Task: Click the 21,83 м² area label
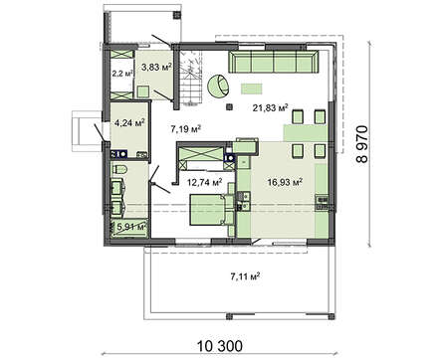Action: (270, 107)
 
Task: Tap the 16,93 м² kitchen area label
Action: (285, 182)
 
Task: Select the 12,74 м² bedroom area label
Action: (205, 182)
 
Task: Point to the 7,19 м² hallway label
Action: (186, 129)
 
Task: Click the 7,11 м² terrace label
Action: (245, 276)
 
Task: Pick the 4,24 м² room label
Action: (129, 123)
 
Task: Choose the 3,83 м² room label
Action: (156, 68)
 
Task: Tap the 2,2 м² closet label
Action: (122, 74)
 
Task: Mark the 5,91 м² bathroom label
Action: (131, 227)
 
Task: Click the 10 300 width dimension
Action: (220, 346)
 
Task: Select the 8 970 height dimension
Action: (362, 143)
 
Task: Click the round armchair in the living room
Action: (218, 86)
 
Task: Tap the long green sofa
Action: (274, 62)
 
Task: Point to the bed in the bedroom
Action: (209, 211)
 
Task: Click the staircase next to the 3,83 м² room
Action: (190, 79)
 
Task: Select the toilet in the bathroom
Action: (119, 169)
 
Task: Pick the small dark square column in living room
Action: (229, 106)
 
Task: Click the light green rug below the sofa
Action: (252, 89)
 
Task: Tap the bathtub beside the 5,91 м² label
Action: (129, 228)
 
